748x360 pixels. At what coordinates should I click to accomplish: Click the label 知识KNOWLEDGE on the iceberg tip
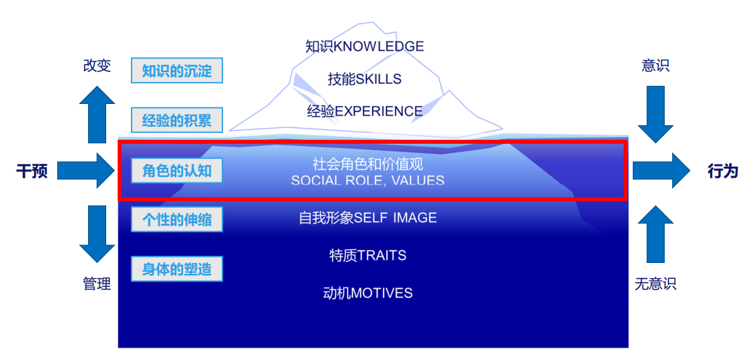364,47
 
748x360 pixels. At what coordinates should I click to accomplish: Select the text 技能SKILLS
364,79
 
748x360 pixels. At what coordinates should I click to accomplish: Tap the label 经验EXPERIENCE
364,111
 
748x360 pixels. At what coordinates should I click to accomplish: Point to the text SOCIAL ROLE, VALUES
367,181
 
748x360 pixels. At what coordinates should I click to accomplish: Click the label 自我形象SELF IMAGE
367,218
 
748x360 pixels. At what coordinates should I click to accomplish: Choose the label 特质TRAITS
367,255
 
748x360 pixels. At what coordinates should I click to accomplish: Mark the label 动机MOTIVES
367,293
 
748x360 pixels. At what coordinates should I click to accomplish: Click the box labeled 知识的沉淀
177,71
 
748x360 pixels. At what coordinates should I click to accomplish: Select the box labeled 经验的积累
177,120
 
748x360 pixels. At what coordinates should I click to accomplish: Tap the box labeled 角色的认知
177,170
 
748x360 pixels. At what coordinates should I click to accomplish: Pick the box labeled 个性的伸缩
177,220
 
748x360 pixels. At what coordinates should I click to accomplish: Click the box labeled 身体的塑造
177,268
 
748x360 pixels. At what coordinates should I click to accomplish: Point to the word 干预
32,171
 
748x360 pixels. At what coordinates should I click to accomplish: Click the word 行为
723,171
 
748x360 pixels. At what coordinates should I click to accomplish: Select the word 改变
96,66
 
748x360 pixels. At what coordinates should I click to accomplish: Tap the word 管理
96,284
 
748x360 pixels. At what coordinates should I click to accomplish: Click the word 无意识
655,284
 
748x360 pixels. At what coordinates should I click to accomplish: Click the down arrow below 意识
655,114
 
